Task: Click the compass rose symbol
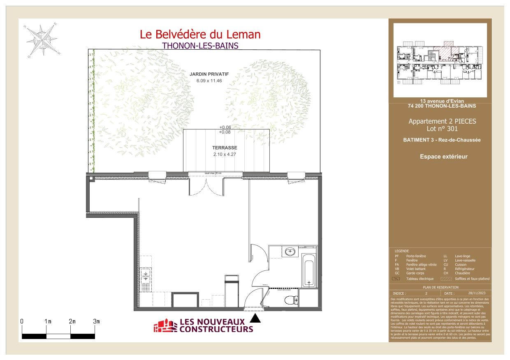tap(42, 40)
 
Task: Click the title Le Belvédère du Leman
tap(200, 34)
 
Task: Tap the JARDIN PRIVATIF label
tap(209, 74)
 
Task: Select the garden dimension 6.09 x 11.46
tap(209, 81)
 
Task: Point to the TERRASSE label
tap(225, 148)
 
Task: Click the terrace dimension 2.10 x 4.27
tap(225, 155)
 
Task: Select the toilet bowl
tap(291, 300)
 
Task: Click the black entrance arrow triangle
tap(255, 318)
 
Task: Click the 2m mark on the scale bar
tap(72, 321)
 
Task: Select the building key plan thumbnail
tap(440, 60)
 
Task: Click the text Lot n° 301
tap(442, 129)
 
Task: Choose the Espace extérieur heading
tap(443, 157)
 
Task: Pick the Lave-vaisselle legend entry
tap(465, 260)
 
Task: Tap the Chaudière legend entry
tap(462, 273)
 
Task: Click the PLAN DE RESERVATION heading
tap(440, 288)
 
